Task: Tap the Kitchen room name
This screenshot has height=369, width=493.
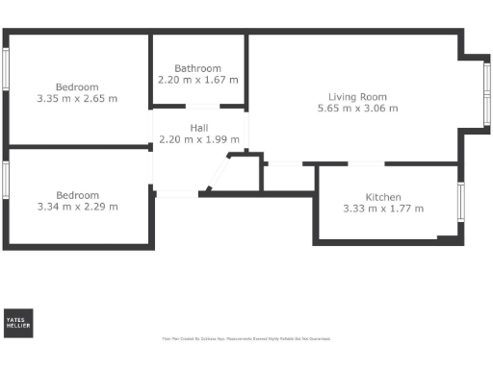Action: pos(383,197)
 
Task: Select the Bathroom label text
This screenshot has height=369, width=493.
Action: pos(197,68)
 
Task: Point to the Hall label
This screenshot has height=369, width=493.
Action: pos(197,127)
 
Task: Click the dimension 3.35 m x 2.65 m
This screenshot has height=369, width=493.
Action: pos(77,98)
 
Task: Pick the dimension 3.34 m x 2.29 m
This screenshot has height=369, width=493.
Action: pos(77,206)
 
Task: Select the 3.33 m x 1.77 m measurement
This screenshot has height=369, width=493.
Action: pos(383,209)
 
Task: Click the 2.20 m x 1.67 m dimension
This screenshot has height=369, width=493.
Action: pos(197,80)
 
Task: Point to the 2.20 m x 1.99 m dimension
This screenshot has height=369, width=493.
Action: pos(197,139)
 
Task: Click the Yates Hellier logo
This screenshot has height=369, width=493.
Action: pos(18,324)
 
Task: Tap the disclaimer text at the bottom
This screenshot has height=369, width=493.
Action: pos(246,338)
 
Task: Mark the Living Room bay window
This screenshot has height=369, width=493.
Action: pos(485,94)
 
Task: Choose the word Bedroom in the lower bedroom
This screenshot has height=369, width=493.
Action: pos(77,194)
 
